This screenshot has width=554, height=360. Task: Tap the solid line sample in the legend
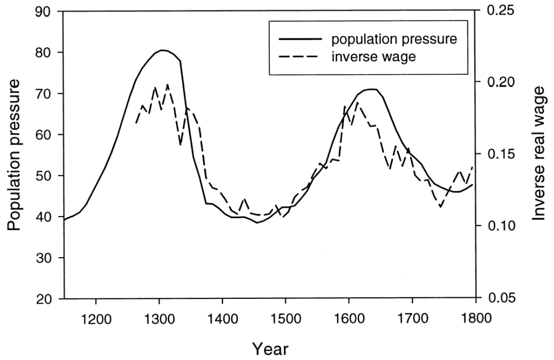click(x=297, y=40)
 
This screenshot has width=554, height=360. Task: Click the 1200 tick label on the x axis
click(x=96, y=316)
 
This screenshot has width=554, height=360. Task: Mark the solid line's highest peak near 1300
click(x=163, y=50)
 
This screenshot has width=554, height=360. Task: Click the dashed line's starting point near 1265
click(x=136, y=123)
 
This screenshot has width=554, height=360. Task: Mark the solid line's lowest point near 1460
click(x=258, y=222)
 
